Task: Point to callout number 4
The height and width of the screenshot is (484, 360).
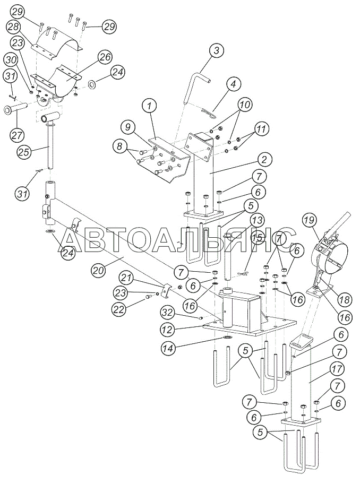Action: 233,83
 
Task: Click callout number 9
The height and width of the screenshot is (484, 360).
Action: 126,127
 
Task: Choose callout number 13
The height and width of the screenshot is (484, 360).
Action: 258,220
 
